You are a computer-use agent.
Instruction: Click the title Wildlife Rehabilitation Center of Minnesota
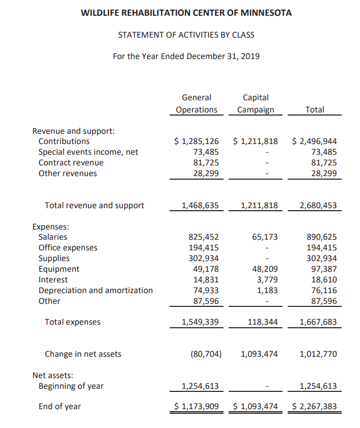(x=186, y=13)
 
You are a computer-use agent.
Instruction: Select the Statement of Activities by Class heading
(x=186, y=35)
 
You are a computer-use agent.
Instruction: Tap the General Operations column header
(x=197, y=103)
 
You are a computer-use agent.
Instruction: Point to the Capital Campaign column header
(x=256, y=103)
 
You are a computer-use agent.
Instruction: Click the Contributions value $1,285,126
(x=197, y=141)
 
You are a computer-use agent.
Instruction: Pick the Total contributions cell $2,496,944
(x=315, y=141)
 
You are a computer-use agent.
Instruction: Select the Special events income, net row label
(x=88, y=152)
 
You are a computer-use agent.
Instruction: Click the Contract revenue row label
(x=71, y=162)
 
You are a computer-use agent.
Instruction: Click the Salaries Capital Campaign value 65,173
(x=265, y=237)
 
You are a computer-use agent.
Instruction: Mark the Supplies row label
(x=54, y=258)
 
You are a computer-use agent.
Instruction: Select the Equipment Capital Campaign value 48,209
(x=265, y=269)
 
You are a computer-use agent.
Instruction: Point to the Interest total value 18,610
(x=324, y=279)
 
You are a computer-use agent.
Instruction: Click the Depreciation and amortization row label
(x=96, y=290)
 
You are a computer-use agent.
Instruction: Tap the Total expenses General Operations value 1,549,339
(x=200, y=322)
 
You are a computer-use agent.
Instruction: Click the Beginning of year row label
(x=71, y=386)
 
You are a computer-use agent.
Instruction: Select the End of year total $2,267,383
(x=315, y=406)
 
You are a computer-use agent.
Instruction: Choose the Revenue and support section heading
(x=73, y=131)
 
